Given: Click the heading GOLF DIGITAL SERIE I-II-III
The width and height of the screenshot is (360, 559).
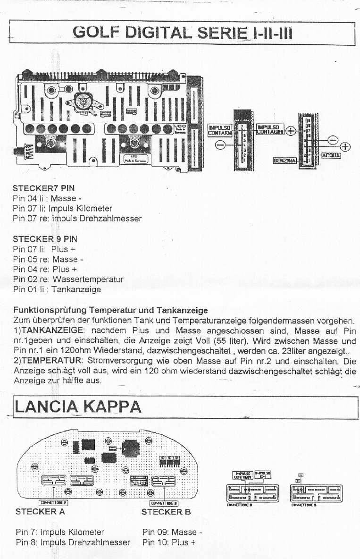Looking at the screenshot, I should (x=180, y=33).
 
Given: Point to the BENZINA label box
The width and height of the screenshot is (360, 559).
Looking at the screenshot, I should (x=285, y=161).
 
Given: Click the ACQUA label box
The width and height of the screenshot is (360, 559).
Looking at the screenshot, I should (x=331, y=155).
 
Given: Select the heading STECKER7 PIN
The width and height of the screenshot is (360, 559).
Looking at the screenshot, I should (x=43, y=188).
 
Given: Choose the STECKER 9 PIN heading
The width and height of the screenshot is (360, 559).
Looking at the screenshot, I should (x=45, y=239).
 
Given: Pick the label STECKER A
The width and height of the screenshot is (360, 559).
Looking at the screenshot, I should (x=40, y=511).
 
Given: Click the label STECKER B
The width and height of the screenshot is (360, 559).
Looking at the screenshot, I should (x=166, y=511).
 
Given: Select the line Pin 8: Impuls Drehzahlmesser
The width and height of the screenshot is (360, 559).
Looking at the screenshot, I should (x=73, y=542).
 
